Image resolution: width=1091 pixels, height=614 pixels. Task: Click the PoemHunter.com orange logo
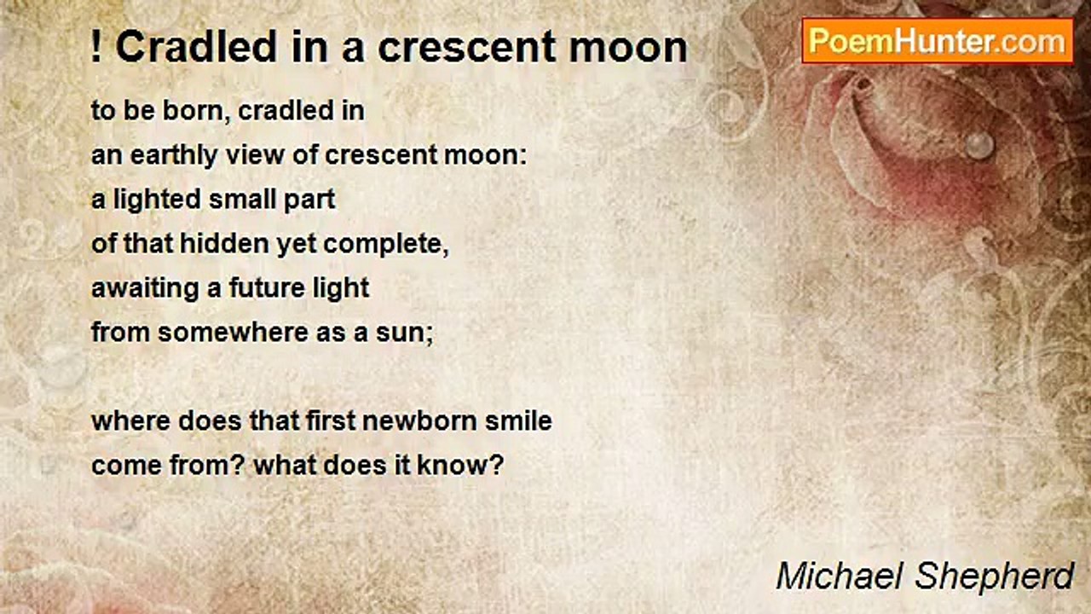[x=938, y=42]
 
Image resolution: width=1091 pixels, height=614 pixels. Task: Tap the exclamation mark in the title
[x=96, y=47]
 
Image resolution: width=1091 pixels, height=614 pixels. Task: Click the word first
[x=330, y=421]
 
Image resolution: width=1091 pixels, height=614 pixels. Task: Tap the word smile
[x=519, y=421]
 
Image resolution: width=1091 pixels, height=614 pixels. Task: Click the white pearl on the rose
[x=979, y=145]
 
